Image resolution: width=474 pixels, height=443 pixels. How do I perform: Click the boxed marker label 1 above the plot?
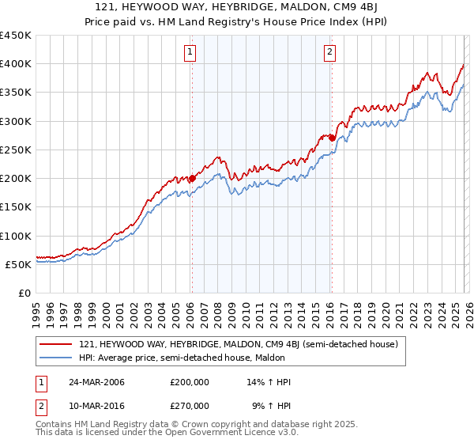tap(191, 53)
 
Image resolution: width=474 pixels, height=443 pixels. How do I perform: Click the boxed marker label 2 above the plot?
tap(329, 53)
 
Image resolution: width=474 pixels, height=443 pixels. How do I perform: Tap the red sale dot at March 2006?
tap(192, 179)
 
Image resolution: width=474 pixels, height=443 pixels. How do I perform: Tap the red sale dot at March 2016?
tap(332, 138)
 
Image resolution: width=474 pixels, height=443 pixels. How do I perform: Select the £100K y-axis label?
tap(16, 236)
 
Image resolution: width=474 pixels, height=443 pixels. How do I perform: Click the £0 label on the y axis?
tap(24, 293)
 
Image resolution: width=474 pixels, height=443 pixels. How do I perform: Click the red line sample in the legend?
tap(56, 344)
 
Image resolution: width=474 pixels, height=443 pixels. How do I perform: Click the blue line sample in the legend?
tap(56, 358)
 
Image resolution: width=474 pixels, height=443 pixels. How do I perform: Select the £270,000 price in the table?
tap(189, 405)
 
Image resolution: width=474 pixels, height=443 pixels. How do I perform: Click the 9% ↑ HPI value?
tap(271, 405)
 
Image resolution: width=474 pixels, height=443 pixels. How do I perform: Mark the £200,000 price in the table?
tap(189, 382)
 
